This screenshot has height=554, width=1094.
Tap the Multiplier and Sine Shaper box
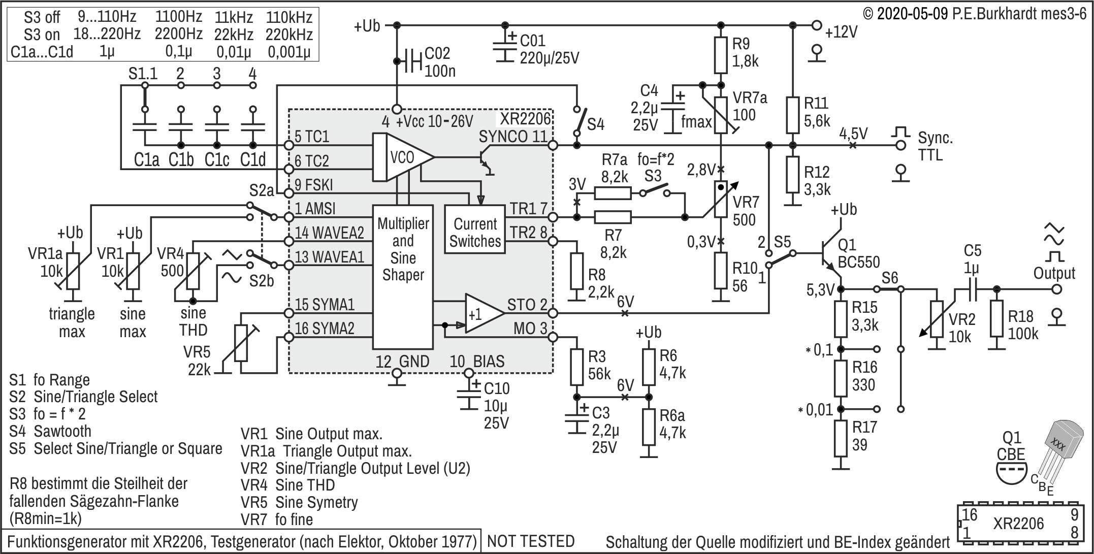click(x=403, y=277)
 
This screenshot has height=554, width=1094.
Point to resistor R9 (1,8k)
click(x=721, y=55)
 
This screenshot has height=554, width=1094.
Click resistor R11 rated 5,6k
click(x=793, y=115)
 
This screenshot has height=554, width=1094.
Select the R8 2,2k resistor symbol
click(x=576, y=271)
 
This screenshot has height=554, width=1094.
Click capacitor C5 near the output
click(x=972, y=289)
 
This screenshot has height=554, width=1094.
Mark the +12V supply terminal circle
click(x=817, y=25)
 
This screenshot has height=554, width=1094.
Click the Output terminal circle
click(x=1057, y=289)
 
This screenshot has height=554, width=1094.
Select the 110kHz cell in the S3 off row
click(x=289, y=17)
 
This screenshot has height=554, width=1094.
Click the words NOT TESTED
click(x=531, y=541)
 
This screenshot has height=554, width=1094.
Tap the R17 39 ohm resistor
click(x=841, y=439)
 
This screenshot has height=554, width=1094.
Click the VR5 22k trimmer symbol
click(x=242, y=343)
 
